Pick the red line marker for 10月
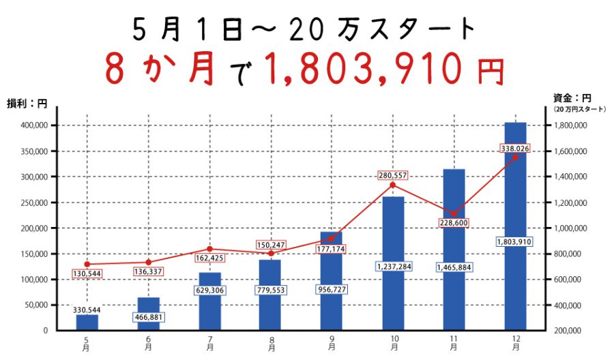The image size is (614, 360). [x=393, y=185]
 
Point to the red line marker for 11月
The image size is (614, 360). [x=454, y=213]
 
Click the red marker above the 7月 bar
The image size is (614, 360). [x=209, y=249]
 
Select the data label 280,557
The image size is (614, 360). [x=393, y=175]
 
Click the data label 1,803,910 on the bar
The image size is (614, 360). [x=515, y=242]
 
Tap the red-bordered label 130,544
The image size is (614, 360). [x=87, y=274]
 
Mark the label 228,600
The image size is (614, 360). [x=454, y=223]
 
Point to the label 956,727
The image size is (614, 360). [x=332, y=289]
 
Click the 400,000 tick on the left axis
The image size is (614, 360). [x=33, y=125]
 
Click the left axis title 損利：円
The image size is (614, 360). [x=27, y=104]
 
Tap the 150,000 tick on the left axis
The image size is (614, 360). [x=33, y=254]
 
